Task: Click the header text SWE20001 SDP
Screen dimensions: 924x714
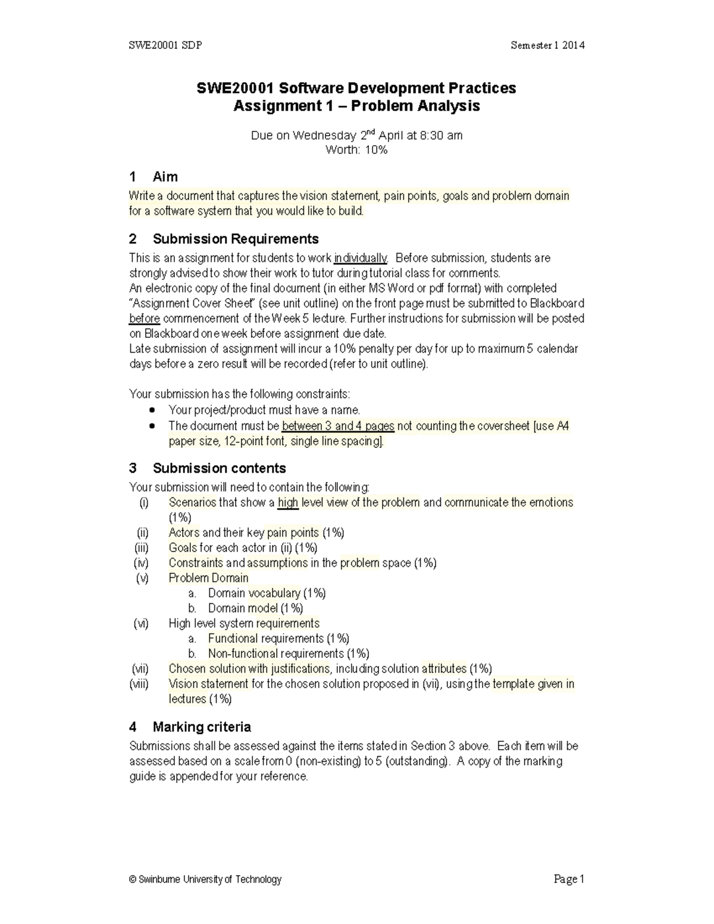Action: pyautogui.click(x=165, y=45)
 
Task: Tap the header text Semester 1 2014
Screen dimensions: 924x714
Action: pyautogui.click(x=547, y=45)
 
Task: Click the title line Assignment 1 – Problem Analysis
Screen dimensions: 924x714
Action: pyautogui.click(x=356, y=107)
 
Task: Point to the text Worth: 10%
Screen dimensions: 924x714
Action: pyautogui.click(x=356, y=150)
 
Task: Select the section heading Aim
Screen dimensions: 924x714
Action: pyautogui.click(x=165, y=177)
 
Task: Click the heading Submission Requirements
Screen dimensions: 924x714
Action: pyautogui.click(x=235, y=239)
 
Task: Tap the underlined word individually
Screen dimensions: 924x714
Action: pyautogui.click(x=361, y=258)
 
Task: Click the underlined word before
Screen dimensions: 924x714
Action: pyautogui.click(x=144, y=318)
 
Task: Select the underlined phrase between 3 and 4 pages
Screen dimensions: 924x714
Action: pyautogui.click(x=338, y=426)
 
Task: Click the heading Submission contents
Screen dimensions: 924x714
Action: pyautogui.click(x=219, y=468)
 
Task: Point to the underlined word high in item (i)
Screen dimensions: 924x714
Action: pyautogui.click(x=288, y=503)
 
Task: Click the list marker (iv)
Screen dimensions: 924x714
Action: pyautogui.click(x=141, y=563)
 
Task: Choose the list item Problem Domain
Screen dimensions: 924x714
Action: pyautogui.click(x=208, y=578)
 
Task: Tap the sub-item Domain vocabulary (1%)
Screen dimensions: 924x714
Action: pyautogui.click(x=267, y=593)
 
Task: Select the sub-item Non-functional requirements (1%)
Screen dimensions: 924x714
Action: pyautogui.click(x=289, y=653)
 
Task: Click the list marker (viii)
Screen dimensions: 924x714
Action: pyautogui.click(x=139, y=684)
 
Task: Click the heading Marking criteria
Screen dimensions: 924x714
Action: pyautogui.click(x=201, y=727)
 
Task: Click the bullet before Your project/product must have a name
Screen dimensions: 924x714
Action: pyautogui.click(x=153, y=411)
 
